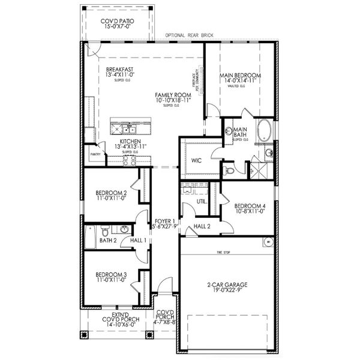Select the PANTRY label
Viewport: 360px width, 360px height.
coord(95,154)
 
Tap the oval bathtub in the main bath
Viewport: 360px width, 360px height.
coord(264,130)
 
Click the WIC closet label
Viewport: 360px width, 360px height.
coord(197,161)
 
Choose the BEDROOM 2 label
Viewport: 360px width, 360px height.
coord(111,193)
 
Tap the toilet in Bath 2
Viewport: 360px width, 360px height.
coord(104,232)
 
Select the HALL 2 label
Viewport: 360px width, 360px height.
coord(202,226)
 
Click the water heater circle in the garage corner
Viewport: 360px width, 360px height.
coord(268,242)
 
